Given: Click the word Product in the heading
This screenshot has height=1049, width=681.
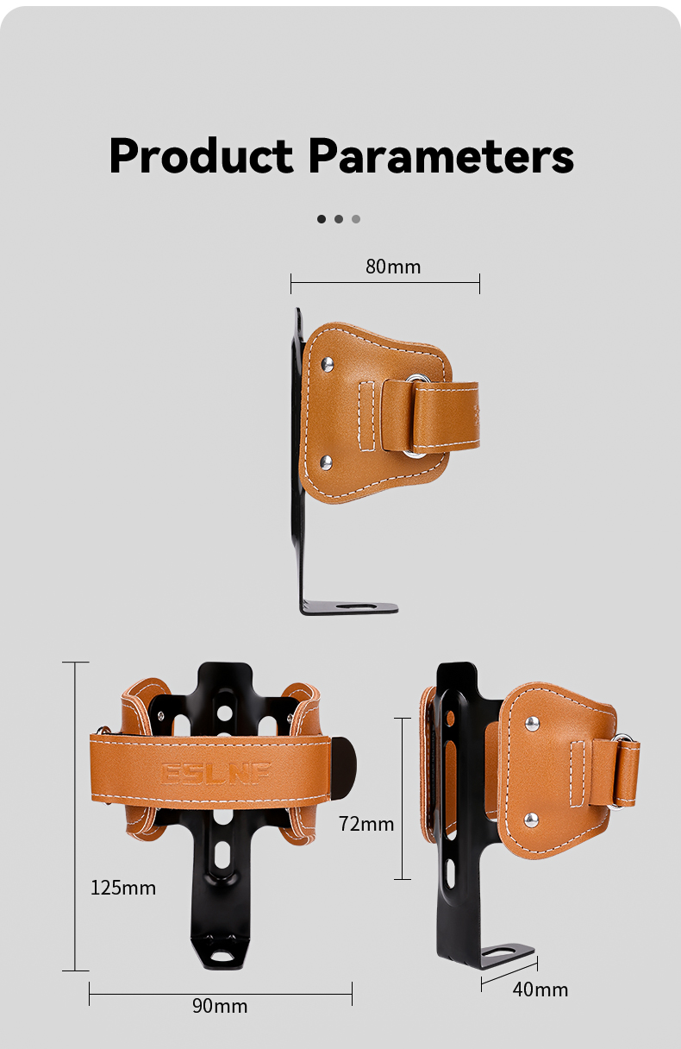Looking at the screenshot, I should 201,156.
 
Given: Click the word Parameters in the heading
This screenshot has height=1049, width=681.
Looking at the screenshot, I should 440,156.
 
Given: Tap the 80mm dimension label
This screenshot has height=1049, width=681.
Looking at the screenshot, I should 393,267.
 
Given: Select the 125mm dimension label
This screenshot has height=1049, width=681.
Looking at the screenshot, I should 123,887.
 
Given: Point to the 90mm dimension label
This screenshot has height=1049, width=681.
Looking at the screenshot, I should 220,1006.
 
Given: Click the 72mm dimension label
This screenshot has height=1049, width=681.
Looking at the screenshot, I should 366,824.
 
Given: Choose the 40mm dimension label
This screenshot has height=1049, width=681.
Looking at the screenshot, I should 540,989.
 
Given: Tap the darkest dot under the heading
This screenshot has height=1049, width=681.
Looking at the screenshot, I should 322,219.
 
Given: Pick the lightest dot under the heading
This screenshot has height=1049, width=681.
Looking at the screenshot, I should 356,219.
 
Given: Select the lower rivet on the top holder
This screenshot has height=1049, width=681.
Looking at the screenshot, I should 327,462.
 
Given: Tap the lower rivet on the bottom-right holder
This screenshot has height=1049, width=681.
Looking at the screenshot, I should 531,818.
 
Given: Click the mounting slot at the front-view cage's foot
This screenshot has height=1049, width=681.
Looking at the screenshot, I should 222,956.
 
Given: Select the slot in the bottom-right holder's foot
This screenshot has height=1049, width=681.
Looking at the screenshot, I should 505,952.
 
